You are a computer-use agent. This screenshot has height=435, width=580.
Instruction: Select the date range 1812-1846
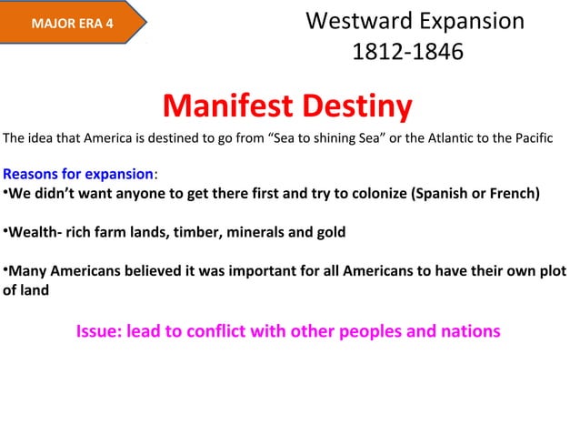[406, 52]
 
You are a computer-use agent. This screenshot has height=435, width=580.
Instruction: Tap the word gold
[328, 232]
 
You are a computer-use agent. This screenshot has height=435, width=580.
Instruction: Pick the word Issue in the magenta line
[99, 330]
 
